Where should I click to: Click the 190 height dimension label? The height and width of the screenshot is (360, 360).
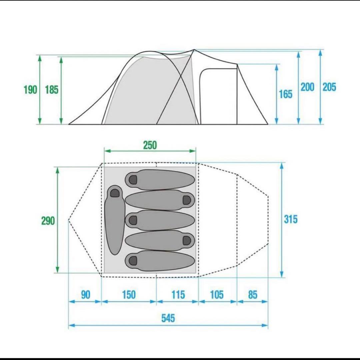coord(30,90)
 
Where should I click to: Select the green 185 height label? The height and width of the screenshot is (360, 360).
coord(52,90)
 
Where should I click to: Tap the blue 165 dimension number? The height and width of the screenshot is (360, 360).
coord(286,94)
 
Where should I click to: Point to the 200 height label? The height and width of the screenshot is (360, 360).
coord(307,87)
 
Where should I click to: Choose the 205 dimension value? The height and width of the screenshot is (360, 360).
coord(329,87)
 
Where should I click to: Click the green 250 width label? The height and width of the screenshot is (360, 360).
coord(150,145)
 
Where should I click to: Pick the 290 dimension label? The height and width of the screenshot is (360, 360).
coord(48,221)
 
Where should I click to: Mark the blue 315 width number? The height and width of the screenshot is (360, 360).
coord(291,219)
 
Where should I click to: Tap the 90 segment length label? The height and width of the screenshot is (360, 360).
coord(86,295)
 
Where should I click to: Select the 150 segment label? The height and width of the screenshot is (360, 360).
coord(129,295)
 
